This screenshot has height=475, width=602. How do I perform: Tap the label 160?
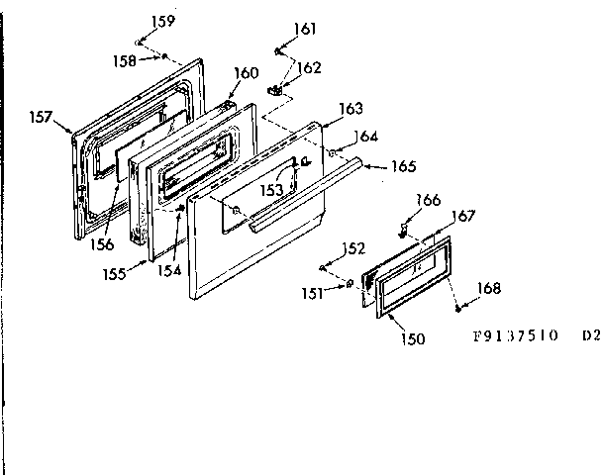click(246, 73)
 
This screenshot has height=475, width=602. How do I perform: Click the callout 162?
click(310, 68)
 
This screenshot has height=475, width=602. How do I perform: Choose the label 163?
click(351, 108)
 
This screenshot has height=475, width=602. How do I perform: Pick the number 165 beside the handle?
click(403, 166)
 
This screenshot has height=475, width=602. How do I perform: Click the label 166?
click(428, 200)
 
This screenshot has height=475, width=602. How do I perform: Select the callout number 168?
click(488, 289)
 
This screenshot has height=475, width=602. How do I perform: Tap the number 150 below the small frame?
click(413, 339)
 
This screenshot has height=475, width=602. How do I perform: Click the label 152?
click(353, 248)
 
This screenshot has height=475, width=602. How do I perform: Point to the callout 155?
click(114, 273)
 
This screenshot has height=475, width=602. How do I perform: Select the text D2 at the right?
click(590, 334)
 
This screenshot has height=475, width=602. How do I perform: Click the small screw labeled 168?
click(459, 308)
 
